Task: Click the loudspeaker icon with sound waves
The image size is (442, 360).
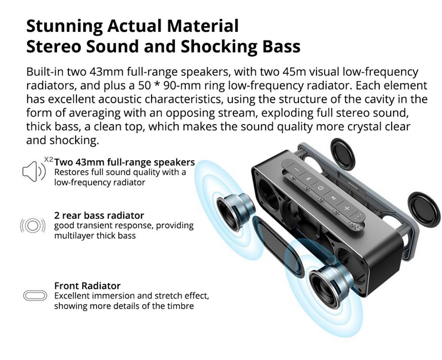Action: point(33,171)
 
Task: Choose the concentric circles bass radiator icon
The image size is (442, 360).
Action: point(33,226)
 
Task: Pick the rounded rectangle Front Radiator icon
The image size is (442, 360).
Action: point(34,295)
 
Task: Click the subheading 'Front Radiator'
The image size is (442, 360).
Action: point(87,286)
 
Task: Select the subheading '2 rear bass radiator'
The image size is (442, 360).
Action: point(99,215)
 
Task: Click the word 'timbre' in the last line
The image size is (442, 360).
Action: point(180,306)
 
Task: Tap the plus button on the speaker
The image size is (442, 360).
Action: point(347,208)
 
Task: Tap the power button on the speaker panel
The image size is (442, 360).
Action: point(321,188)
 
